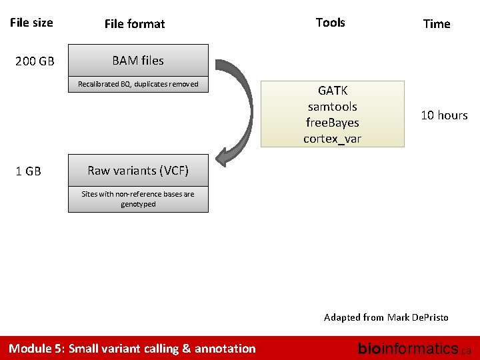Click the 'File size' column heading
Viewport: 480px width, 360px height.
point(31,23)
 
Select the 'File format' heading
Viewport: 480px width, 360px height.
point(134,24)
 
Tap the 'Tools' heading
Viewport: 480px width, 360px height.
point(330,23)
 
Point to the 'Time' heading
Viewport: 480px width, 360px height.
point(437,24)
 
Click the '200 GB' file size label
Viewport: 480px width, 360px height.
point(35,62)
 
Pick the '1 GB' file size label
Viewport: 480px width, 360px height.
point(28,171)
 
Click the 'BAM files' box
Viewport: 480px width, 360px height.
point(138,61)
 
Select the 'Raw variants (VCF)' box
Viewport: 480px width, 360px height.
point(138,171)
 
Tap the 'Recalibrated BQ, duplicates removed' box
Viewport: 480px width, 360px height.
point(138,84)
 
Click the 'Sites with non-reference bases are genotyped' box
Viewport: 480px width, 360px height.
point(138,199)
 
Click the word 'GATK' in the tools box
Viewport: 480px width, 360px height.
point(332,90)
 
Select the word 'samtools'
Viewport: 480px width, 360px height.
point(332,107)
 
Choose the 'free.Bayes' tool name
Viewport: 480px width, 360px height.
point(332,123)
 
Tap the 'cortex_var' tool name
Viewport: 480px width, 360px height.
point(332,139)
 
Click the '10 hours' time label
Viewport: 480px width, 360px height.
point(444,115)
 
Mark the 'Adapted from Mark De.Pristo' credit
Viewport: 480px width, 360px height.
point(386,317)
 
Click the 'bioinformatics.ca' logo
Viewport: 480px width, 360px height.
point(414,348)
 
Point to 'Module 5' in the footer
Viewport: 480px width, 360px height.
point(35,348)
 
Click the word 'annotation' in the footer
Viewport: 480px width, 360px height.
point(225,348)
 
